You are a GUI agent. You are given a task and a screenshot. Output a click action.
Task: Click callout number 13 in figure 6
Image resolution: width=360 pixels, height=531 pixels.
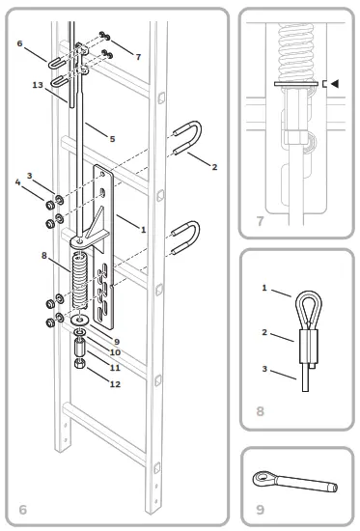tap(37, 86)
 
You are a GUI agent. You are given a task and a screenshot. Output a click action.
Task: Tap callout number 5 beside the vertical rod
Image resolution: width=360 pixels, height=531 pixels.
tap(112, 139)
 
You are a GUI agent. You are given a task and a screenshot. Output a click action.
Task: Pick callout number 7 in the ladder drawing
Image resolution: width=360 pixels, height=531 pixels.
tap(138, 57)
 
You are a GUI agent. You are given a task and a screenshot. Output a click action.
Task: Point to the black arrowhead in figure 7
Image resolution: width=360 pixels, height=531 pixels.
tap(335, 85)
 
